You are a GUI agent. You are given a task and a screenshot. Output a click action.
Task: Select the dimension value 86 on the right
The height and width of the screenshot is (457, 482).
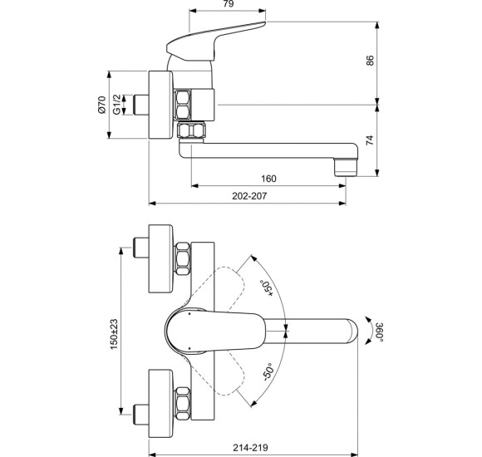pos(371,61)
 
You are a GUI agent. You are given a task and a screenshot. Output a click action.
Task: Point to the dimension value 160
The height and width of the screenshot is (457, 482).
pos(268,178)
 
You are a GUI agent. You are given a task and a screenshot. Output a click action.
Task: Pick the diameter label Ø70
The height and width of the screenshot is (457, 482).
pos(102,105)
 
